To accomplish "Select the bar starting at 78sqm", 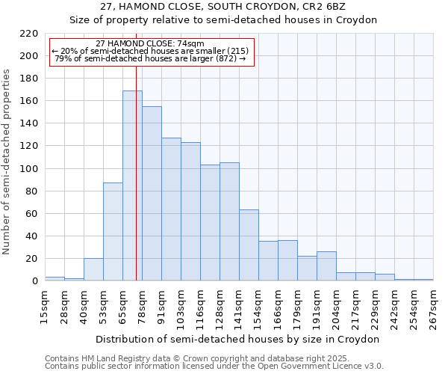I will pyautogui.click(x=152, y=194).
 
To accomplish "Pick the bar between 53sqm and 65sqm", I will pyautogui.click(x=113, y=232).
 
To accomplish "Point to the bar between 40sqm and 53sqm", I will pyautogui.click(x=93, y=269).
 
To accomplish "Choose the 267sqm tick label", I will pyautogui.click(x=433, y=307).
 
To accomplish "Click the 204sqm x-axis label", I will pyautogui.click(x=336, y=307).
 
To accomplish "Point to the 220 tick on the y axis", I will pyautogui.click(x=29, y=34).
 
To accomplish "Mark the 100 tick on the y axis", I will pyautogui.click(x=29, y=169).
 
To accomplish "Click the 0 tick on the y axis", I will pyautogui.click(x=34, y=281).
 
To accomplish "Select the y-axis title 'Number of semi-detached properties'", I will pyautogui.click(x=7, y=162).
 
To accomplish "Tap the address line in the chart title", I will pyautogui.click(x=223, y=7).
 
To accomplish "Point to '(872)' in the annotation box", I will pyautogui.click(x=226, y=58).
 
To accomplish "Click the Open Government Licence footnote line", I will pyautogui.click(x=214, y=367).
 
